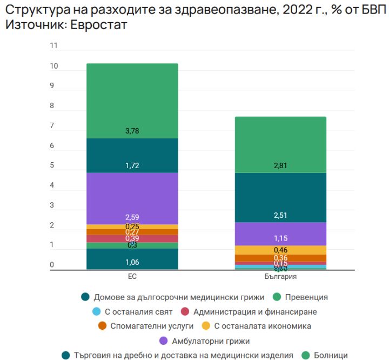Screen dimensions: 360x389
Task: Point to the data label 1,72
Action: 132,165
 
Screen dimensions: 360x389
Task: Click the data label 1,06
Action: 132,263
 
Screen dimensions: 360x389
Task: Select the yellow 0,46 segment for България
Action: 280,250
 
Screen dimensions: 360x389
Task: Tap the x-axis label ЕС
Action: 132,276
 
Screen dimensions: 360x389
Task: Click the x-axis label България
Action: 280,276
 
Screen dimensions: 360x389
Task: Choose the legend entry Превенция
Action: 306,297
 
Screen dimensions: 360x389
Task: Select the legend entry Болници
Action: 331,355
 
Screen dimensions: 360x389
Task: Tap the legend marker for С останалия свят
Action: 97,311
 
